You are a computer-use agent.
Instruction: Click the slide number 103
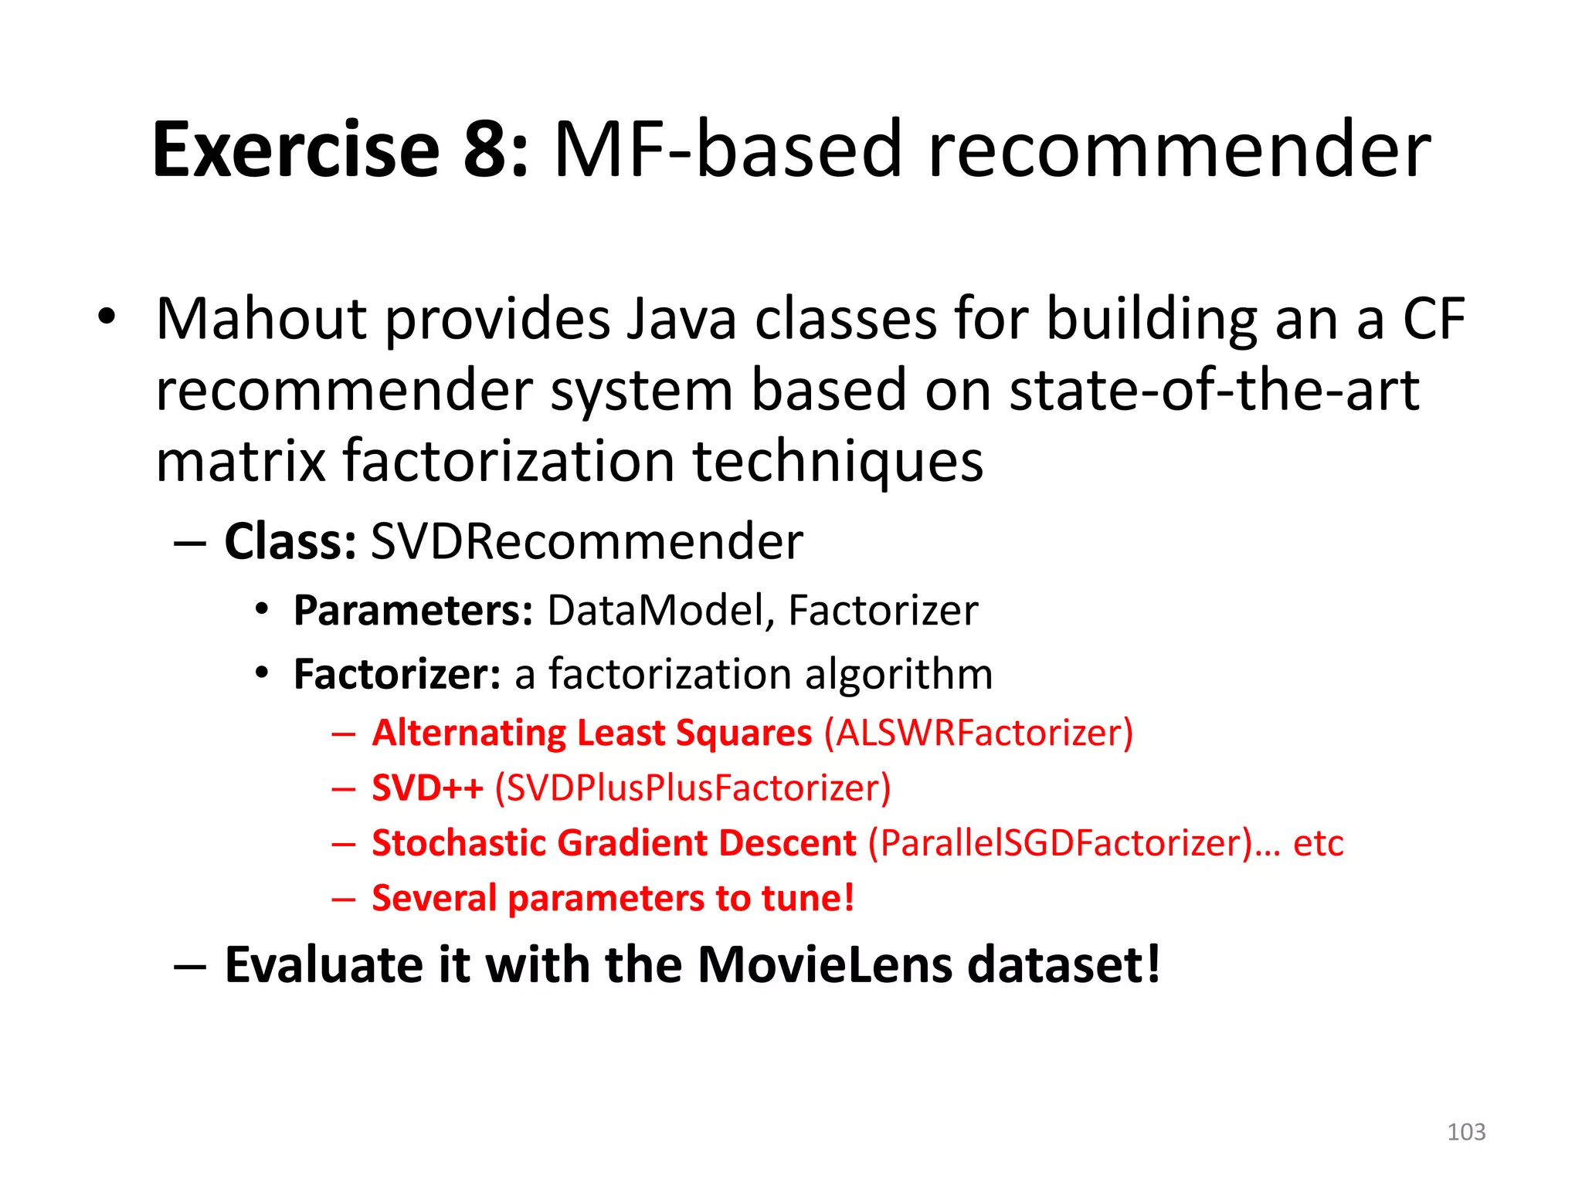[1465, 1132]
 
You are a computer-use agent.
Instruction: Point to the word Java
[681, 319]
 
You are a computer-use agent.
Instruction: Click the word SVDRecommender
[586, 541]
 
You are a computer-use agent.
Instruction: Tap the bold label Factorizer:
[397, 674]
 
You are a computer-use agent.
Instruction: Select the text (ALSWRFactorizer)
[979, 733]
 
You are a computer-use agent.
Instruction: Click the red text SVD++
[427, 788]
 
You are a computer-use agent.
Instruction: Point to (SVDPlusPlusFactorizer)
[693, 788]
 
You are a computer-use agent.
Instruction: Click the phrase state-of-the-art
[1214, 391]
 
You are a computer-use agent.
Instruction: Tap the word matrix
[240, 462]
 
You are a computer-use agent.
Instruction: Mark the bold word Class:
[290, 541]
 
